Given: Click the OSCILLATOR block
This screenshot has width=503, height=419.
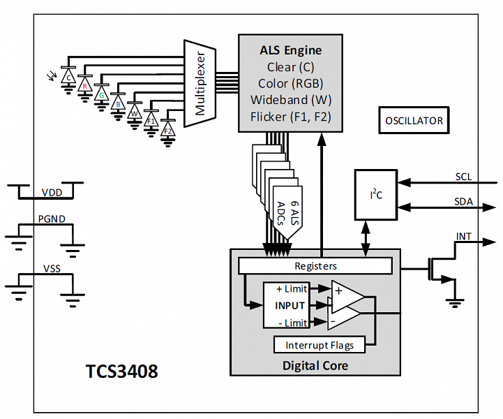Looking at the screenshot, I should point(414,121).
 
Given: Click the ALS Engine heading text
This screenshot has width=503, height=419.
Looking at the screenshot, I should point(291,50).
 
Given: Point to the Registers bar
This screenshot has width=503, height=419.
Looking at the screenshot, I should point(315,265).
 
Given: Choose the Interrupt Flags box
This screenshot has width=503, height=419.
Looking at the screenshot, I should point(320,345).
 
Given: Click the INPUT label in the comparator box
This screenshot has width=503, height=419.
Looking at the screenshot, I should point(290,305).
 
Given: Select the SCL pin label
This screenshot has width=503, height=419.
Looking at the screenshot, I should point(463,177).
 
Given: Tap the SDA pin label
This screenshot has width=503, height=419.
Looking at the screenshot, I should point(463,202).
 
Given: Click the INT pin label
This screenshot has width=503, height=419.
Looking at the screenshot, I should point(464,236).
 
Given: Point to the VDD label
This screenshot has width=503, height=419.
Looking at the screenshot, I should point(51,192).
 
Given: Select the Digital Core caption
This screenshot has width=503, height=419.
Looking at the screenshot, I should point(315,365).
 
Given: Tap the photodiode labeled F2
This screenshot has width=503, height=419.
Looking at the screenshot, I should point(167,130).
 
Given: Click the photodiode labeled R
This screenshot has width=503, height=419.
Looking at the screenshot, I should point(85,86).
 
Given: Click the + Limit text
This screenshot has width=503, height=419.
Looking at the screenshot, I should point(291,289).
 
